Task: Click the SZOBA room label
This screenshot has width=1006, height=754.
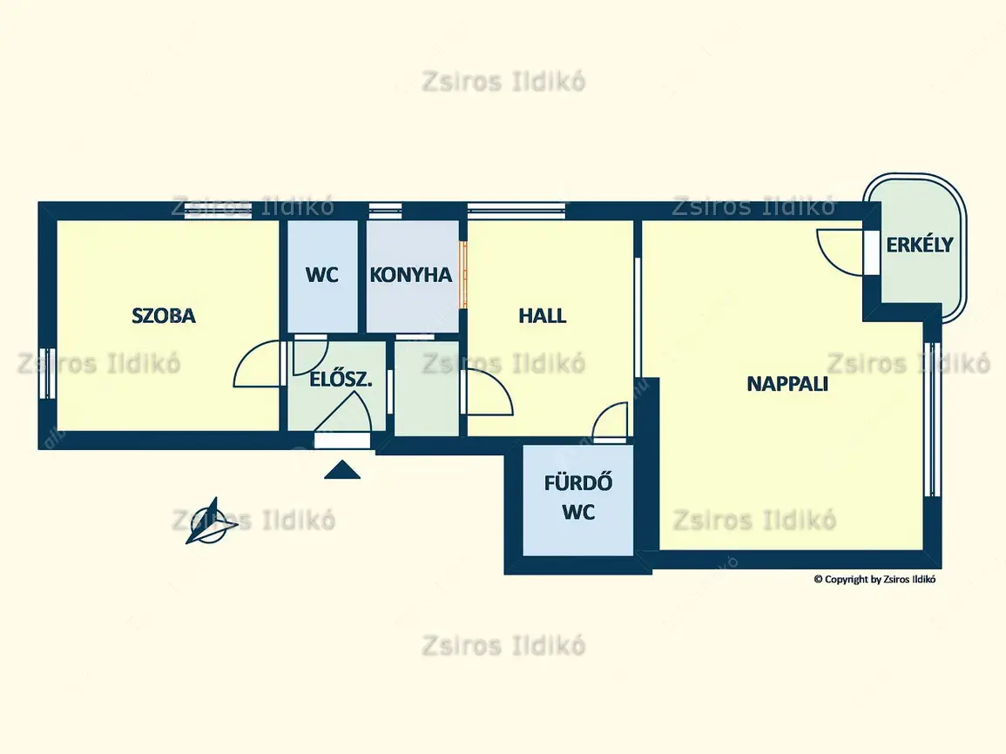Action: pos(164,315)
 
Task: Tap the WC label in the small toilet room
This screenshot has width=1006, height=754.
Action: pos(322,275)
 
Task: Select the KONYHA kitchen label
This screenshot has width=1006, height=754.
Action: pos(410,275)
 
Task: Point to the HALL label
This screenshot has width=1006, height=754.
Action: pos(542,315)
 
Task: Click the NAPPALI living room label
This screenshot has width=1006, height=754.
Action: pos(787,383)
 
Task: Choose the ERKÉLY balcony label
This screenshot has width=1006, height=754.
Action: pos(920,245)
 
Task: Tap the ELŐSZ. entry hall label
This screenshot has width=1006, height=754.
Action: pos(341,380)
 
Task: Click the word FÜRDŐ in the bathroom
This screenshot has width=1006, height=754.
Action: pos(578,483)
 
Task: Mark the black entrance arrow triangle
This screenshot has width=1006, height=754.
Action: pos(342,470)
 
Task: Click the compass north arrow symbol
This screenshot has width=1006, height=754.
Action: pos(211,522)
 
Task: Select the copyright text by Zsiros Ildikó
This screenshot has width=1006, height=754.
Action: pos(874,580)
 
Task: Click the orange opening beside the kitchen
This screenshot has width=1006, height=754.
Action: pos(463,274)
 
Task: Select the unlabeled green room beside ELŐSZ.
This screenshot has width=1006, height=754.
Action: pos(427,388)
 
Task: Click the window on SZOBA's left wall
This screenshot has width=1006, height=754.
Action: pos(48,374)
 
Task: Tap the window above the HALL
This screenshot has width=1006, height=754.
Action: pos(517,211)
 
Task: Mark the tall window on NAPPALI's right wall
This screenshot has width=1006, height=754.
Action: pos(932,420)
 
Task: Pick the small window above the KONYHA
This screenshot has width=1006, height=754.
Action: pos(386,211)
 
